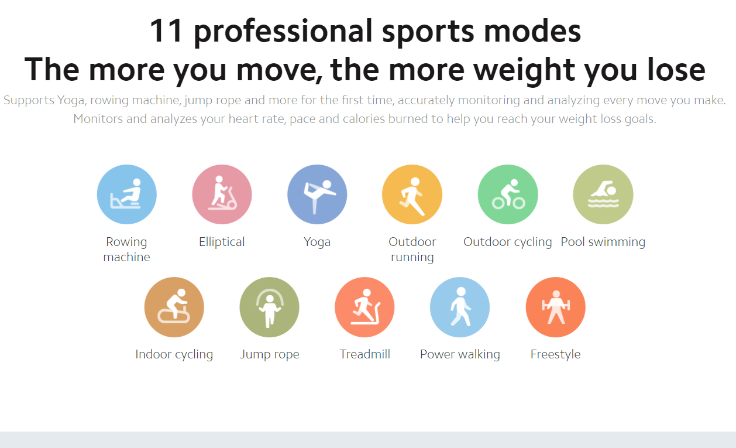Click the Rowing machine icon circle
tap(127, 194)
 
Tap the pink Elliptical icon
tap(222, 194)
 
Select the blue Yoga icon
tap(317, 194)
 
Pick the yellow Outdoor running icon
tap(412, 194)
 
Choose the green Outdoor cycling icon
tap(508, 194)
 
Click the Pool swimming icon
tap(603, 194)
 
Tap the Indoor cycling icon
tap(174, 307)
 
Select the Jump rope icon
tap(270, 307)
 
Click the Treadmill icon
tap(364, 307)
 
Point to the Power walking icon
tap(460, 307)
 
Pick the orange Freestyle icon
tap(556, 307)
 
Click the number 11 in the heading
tap(166, 31)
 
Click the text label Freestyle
tap(556, 354)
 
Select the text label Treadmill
tap(364, 354)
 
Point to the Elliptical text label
tap(222, 242)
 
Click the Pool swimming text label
tap(603, 242)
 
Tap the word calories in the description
tap(364, 119)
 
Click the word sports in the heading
tap(428, 32)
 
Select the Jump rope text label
tap(270, 354)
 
